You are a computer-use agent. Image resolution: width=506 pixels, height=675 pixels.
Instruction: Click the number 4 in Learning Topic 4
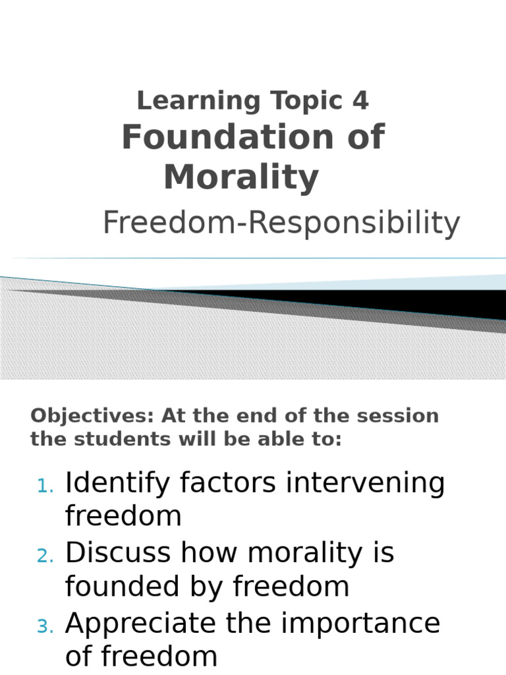coord(360,101)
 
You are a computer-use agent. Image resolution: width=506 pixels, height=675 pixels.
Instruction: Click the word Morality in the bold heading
coord(241,177)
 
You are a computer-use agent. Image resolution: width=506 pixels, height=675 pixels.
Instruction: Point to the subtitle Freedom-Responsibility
coord(281,223)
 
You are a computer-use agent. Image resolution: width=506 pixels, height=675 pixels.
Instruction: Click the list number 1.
coord(45,486)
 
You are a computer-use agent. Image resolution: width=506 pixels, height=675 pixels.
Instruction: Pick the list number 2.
coord(45,557)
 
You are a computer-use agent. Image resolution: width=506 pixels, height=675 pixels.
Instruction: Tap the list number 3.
coord(45,627)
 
